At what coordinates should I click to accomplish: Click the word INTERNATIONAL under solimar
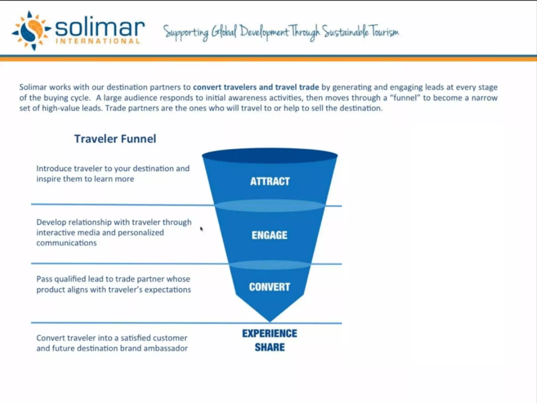pyautogui.click(x=98, y=41)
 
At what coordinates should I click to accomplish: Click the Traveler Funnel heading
pyautogui.click(x=115, y=139)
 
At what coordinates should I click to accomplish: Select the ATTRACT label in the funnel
pyautogui.click(x=270, y=181)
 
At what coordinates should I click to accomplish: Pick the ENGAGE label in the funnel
pyautogui.click(x=270, y=235)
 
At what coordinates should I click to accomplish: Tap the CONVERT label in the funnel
pyautogui.click(x=270, y=287)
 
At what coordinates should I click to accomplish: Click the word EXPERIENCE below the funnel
pyautogui.click(x=270, y=333)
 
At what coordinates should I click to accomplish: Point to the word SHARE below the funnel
pyautogui.click(x=270, y=347)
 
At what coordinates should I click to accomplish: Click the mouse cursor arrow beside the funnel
pyautogui.click(x=201, y=229)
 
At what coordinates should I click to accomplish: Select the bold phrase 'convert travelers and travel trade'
pyautogui.click(x=256, y=87)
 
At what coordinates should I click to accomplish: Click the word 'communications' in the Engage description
pyautogui.click(x=66, y=243)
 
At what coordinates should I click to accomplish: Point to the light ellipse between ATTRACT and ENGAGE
pyautogui.click(x=270, y=206)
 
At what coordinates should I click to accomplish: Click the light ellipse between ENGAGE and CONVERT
pyautogui.click(x=270, y=265)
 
